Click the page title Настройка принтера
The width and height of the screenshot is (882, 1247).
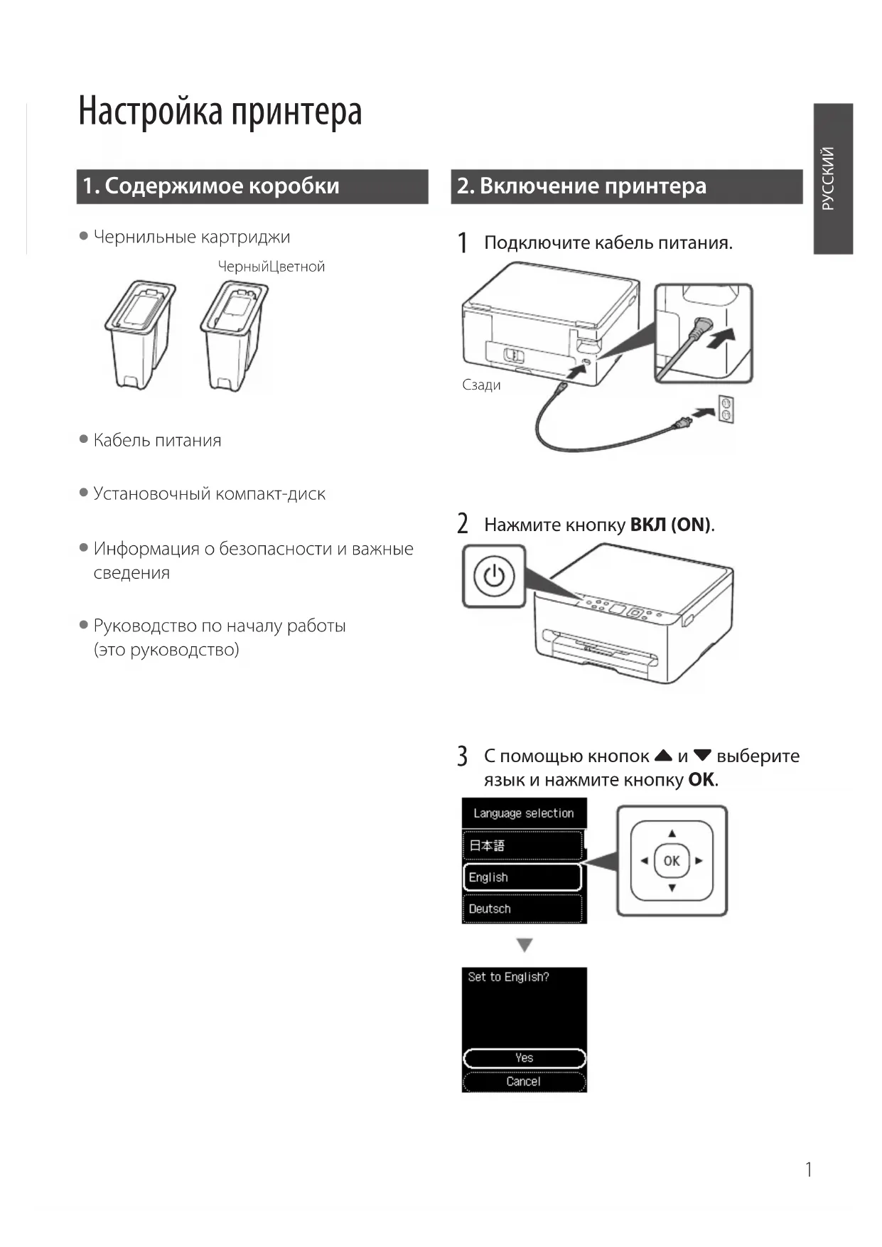click(220, 112)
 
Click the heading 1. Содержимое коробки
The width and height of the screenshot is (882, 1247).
click(210, 186)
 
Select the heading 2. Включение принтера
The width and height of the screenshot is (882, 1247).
click(581, 186)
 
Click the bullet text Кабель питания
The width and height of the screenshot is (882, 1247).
click(157, 441)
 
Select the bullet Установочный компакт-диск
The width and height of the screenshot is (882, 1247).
click(209, 494)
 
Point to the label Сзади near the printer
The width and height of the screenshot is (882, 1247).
click(481, 385)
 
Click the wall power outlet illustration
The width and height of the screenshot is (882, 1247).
click(726, 410)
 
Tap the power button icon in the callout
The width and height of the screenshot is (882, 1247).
click(494, 576)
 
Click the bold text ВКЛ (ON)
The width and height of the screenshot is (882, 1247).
click(670, 525)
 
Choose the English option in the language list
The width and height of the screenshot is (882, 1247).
click(522, 877)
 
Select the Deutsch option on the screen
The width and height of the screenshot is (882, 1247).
click(522, 909)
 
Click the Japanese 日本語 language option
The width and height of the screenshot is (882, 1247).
click(522, 845)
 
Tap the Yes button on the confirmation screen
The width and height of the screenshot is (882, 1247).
click(524, 1058)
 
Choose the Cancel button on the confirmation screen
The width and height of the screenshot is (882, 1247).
click(524, 1081)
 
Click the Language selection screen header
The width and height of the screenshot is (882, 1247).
click(524, 813)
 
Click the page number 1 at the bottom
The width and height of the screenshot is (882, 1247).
click(808, 1170)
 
